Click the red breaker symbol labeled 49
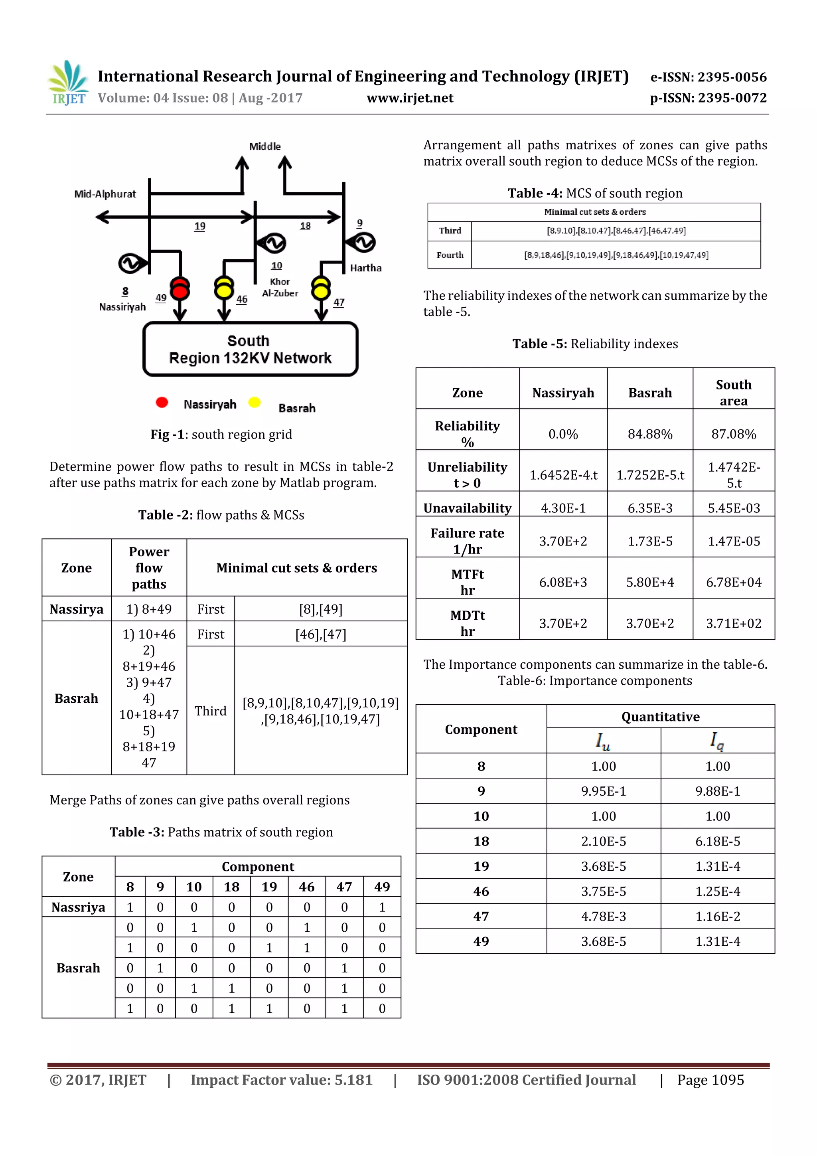(x=180, y=289)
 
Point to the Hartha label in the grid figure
(x=365, y=268)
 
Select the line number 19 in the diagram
(x=200, y=226)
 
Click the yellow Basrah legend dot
(x=255, y=402)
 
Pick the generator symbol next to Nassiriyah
(x=130, y=263)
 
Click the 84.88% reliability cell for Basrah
(x=649, y=434)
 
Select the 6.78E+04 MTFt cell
(x=734, y=582)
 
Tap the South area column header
(x=734, y=392)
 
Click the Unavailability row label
(x=467, y=508)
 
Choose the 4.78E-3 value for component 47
(x=603, y=916)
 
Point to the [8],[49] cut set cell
(x=321, y=609)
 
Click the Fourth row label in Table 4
(x=450, y=255)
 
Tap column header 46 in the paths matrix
(x=306, y=887)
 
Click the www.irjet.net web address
(x=410, y=98)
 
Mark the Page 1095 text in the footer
(x=710, y=1079)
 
